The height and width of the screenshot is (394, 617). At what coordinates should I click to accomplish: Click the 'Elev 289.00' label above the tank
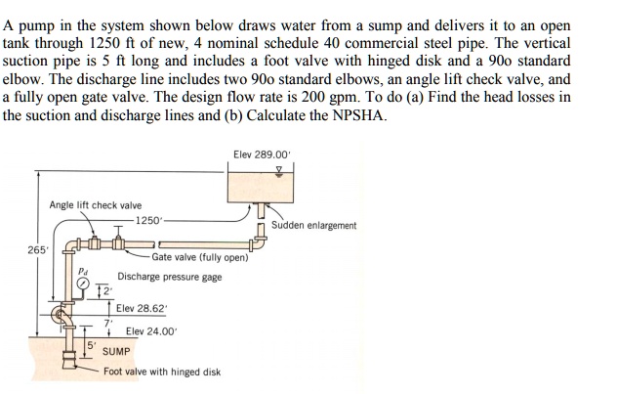tap(263, 154)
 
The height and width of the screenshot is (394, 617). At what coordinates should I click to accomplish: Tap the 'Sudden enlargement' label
tap(315, 225)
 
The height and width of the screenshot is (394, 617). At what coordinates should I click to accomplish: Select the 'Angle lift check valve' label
tap(95, 205)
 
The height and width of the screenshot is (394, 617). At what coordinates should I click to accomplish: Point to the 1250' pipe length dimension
tap(149, 220)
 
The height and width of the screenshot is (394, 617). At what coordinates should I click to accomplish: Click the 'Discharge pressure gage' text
tap(169, 277)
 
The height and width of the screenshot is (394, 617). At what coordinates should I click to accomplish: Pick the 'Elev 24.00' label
tap(152, 331)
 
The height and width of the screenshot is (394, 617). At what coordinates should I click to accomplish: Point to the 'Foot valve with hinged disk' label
tap(161, 372)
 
